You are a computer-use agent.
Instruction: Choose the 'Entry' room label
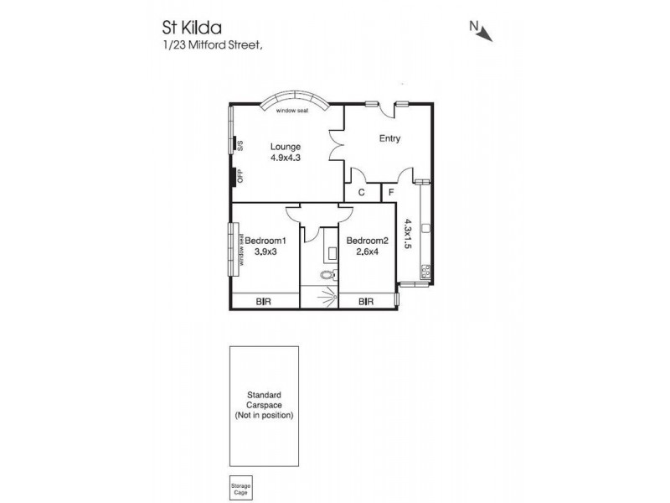[389, 139]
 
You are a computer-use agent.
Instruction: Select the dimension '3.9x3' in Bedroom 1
[265, 250]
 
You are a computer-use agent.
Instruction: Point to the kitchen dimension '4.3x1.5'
[409, 234]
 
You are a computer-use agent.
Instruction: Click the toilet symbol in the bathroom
[327, 273]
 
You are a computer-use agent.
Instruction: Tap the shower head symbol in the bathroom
[335, 294]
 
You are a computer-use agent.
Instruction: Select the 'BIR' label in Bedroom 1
[263, 301]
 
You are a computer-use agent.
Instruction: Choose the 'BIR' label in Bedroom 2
[365, 301]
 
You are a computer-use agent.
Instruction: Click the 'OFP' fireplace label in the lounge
[240, 177]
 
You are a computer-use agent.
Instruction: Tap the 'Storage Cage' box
[240, 488]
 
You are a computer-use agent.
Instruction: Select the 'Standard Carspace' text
[263, 399]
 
